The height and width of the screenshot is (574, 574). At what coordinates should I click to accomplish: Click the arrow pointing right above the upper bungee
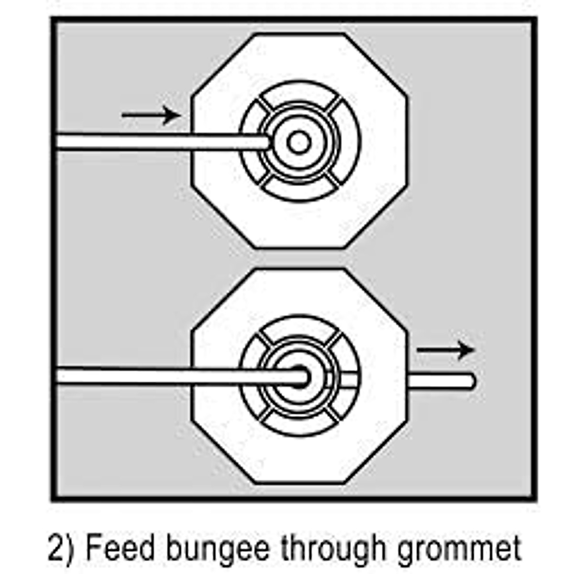151,115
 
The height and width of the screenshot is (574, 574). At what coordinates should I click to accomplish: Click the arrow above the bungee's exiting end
445,350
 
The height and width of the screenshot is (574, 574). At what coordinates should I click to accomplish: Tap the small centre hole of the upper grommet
299,142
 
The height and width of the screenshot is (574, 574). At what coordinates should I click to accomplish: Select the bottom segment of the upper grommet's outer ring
299,191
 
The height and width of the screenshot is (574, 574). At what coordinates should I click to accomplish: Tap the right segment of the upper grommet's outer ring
349,142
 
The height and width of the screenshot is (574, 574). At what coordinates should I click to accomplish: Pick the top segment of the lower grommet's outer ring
299,327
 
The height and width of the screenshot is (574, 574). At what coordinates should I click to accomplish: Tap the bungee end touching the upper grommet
265,142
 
